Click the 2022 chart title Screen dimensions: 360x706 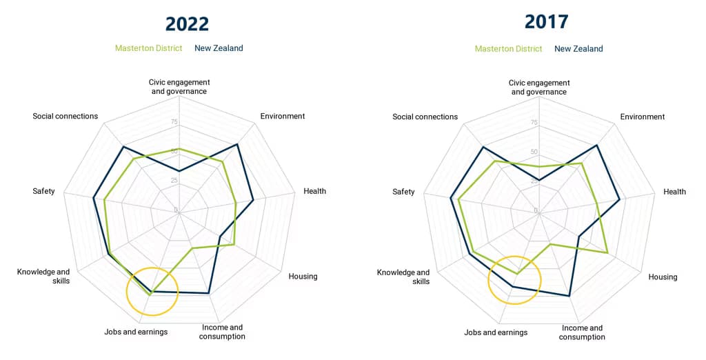187,23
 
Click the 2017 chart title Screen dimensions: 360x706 546,21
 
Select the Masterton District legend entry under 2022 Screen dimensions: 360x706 148,48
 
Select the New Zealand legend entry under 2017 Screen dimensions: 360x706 578,49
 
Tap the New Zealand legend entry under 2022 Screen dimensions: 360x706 219,48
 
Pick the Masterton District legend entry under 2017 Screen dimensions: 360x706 508,49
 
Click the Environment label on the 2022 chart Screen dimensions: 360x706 282,116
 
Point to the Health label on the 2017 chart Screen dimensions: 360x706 674,192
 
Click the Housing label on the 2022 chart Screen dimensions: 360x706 303,277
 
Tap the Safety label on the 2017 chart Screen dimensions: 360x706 403,192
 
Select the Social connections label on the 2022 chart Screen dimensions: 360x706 65,116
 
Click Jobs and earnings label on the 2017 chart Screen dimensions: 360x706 496,332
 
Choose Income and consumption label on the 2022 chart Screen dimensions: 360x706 222,332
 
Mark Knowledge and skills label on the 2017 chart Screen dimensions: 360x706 403,277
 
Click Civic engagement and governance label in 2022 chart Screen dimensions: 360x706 179,87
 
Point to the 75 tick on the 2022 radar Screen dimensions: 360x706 174,122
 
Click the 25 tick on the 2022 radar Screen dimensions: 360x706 174,181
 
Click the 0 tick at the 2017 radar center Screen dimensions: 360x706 535,210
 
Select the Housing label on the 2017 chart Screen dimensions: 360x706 663,277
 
